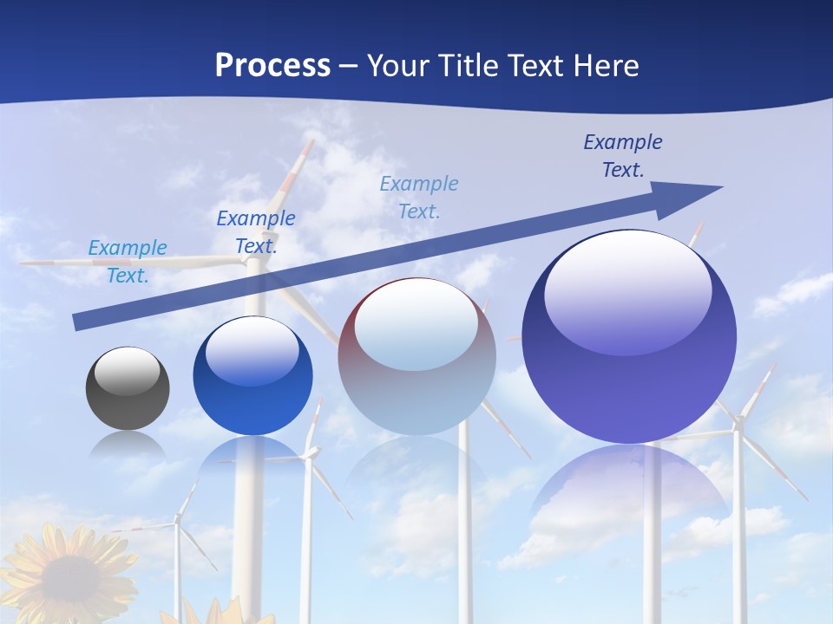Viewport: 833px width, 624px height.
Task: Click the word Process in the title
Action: pos(272,66)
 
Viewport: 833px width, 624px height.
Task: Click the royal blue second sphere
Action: pos(253,378)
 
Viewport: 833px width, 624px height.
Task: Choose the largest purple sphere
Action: pos(629,338)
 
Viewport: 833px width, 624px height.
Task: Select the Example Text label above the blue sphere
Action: pos(256,232)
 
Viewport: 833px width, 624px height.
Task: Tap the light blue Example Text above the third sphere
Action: pos(419,198)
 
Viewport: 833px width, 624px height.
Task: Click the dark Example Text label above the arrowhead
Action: pos(623,156)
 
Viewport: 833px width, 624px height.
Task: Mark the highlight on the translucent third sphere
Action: pos(416,325)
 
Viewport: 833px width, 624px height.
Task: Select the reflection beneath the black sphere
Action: pos(128,445)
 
